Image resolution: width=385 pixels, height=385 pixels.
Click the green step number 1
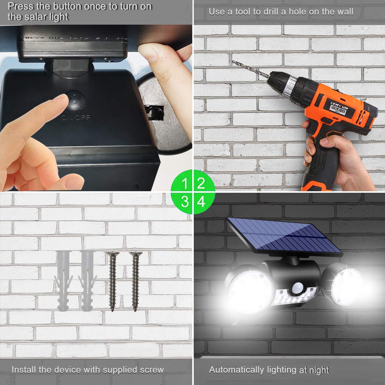tap(184, 184)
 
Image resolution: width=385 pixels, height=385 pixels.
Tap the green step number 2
tap(201, 183)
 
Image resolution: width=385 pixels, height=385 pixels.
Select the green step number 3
tap(185, 202)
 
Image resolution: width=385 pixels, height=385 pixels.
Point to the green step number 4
tap(201, 202)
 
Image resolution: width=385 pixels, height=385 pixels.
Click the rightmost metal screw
tap(136, 281)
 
